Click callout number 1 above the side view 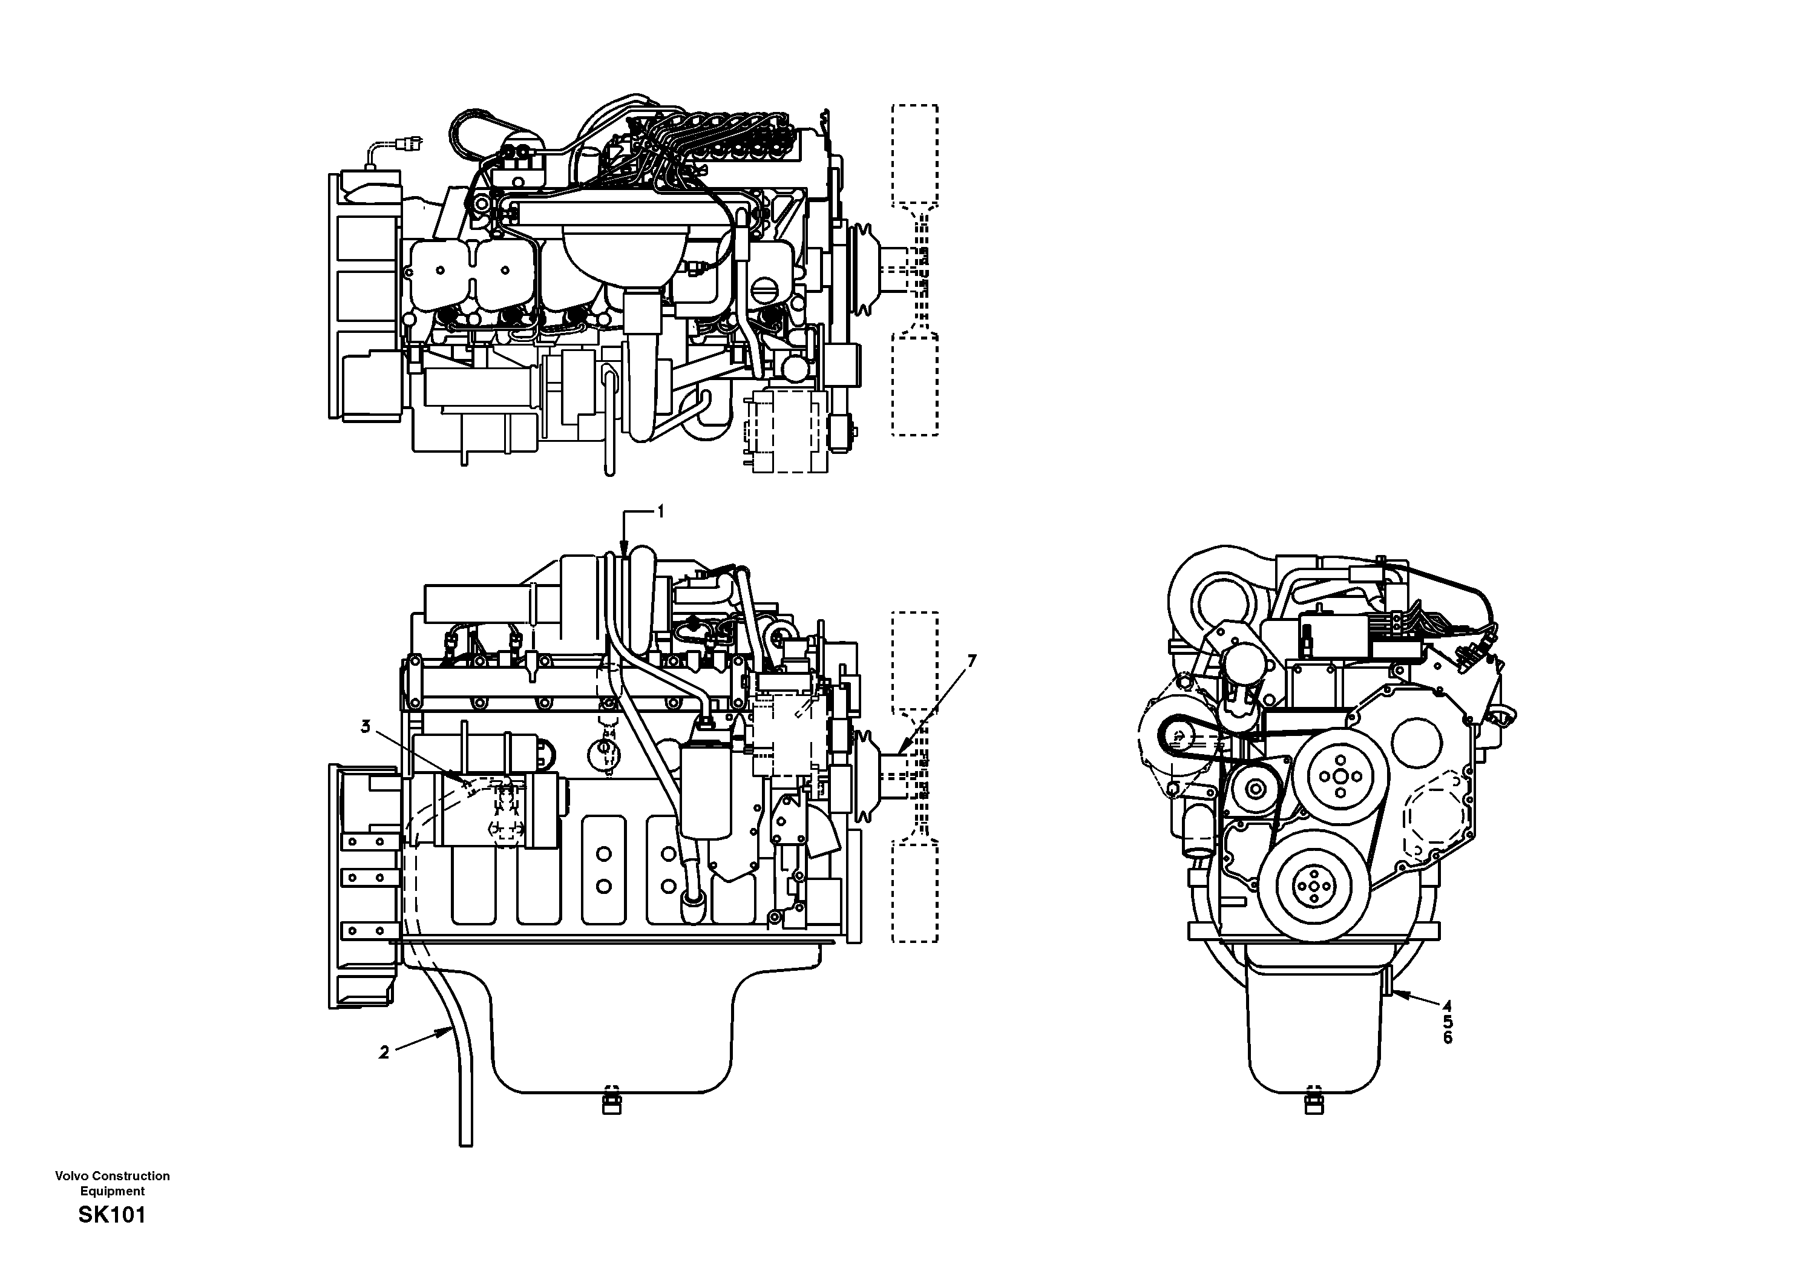point(660,511)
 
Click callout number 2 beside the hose point(384,1053)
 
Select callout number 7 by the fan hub point(972,662)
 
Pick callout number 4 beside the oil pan point(1447,1005)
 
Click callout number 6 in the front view point(1447,1037)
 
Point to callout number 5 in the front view point(1447,1022)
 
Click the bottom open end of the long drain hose point(465,1143)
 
